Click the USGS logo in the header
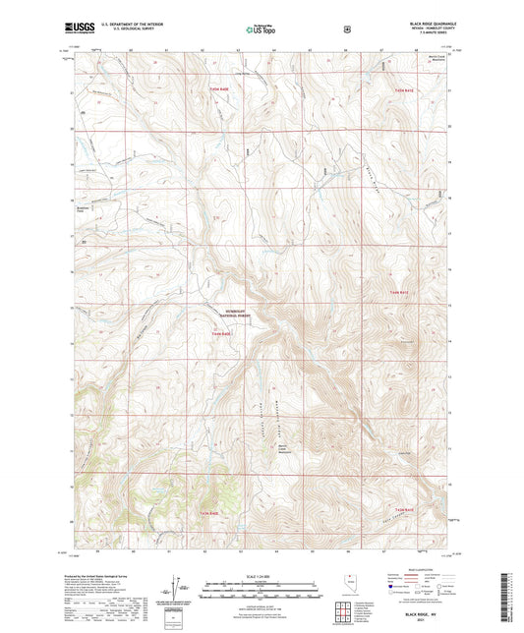78,29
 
